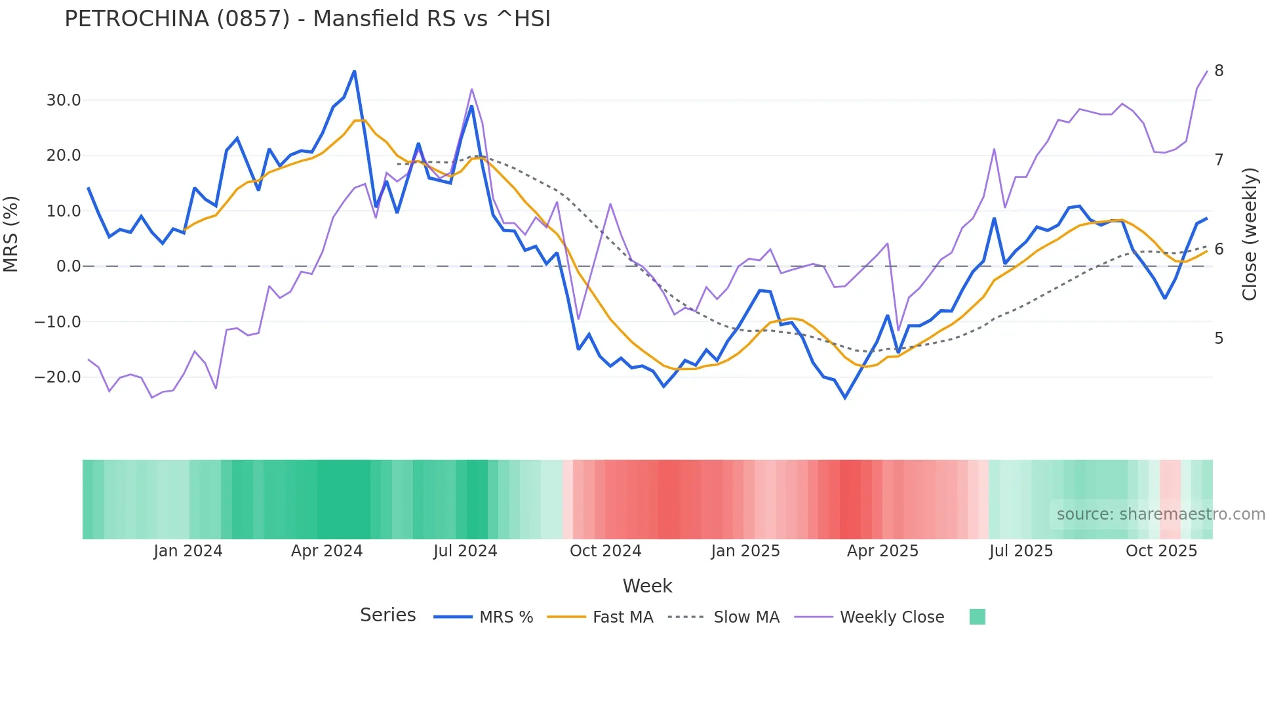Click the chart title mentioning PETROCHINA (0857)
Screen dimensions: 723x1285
point(307,19)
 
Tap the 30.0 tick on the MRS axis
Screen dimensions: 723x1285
point(64,100)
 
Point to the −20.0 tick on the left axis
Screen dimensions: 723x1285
point(58,377)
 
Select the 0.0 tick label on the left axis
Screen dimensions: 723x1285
point(68,266)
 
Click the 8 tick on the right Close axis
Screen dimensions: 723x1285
point(1219,71)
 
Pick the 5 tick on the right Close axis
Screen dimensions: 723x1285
point(1219,339)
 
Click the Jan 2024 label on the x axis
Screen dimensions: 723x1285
point(188,551)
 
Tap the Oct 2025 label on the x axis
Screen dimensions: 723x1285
point(1161,551)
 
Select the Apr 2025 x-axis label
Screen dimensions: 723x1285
point(882,551)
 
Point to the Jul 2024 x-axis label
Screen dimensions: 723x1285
point(465,551)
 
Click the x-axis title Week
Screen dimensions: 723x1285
point(647,586)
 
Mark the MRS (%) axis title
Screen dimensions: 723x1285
point(11,234)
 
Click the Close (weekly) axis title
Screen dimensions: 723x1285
point(1250,234)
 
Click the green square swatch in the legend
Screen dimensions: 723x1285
point(977,617)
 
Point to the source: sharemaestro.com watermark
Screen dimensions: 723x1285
point(1160,514)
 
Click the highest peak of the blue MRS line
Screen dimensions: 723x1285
point(355,71)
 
